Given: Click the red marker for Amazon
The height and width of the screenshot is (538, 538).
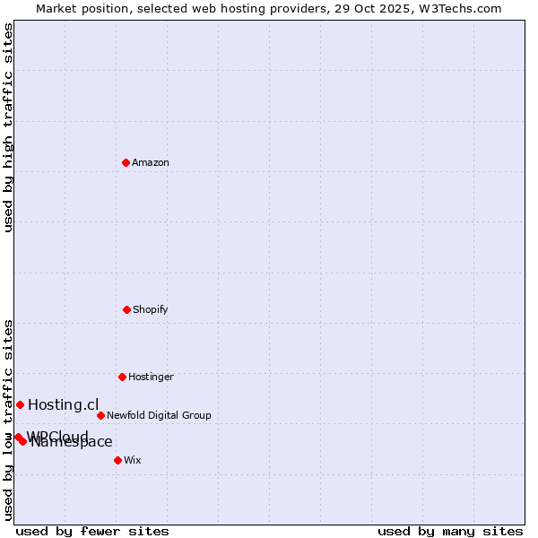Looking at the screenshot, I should tap(126, 162).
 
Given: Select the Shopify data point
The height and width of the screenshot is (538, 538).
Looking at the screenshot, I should tap(126, 309).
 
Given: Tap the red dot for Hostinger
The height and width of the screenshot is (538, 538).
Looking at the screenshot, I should tap(122, 377).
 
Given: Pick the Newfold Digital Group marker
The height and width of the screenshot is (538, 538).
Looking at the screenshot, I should tap(100, 415).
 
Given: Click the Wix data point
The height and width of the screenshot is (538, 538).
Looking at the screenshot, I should tap(117, 460).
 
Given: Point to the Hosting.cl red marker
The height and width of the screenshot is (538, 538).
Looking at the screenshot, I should tap(20, 404).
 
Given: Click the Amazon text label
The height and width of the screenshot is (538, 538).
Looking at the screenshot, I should tap(151, 162).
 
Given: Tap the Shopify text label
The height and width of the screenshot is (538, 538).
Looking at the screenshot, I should tap(151, 309).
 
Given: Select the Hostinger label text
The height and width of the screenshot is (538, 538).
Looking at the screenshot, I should tap(151, 377).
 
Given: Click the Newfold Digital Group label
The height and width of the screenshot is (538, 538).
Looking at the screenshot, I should tap(159, 415).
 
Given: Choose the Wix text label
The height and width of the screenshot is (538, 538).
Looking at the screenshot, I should tap(133, 460).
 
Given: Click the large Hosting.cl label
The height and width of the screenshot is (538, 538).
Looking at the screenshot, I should tap(63, 404).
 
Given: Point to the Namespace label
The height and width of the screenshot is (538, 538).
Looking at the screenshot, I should tap(72, 441).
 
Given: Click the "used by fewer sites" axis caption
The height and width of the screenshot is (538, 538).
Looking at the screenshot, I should tap(92, 531).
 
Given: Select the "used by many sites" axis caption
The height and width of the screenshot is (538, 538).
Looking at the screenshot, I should tap(450, 531).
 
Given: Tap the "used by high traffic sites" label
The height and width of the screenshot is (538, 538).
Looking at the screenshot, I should tap(8, 127).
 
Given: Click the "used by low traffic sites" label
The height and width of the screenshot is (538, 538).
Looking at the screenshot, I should tap(8, 420).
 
